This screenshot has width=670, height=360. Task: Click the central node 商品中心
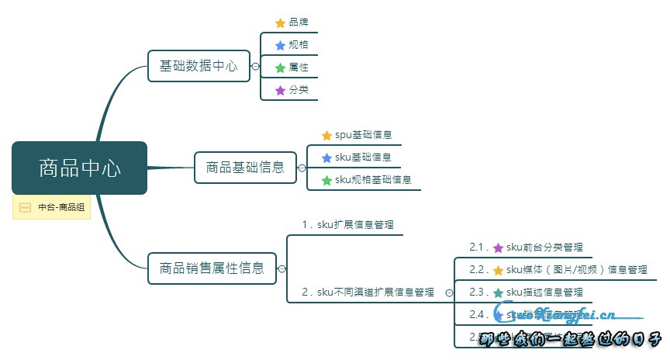tap(79, 168)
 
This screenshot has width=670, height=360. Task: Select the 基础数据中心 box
tap(199, 66)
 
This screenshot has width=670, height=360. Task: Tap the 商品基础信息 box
tap(245, 167)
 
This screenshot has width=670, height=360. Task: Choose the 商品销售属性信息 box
tap(212, 268)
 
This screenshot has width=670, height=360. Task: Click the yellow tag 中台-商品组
tap(52, 207)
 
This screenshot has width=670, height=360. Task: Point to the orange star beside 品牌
tap(280, 23)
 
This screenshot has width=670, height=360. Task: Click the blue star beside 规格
tap(280, 46)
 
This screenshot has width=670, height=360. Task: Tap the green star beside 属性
tap(280, 68)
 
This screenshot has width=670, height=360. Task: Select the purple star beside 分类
tap(280, 91)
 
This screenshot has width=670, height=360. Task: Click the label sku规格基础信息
tap(372, 180)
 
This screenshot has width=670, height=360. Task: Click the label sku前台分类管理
tap(544, 247)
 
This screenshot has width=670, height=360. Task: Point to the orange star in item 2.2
tap(498, 271)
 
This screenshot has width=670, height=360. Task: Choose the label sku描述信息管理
tap(544, 292)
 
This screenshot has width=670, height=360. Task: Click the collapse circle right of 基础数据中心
tap(255, 67)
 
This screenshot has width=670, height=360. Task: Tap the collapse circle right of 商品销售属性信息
tap(281, 269)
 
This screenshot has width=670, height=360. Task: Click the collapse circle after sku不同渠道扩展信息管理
tap(448, 293)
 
